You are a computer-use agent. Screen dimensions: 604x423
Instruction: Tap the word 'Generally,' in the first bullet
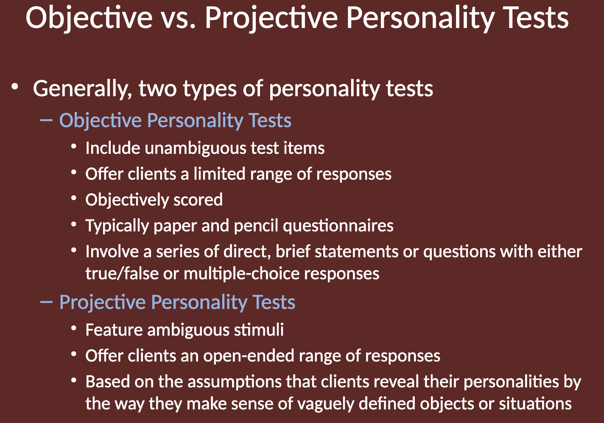click(x=83, y=89)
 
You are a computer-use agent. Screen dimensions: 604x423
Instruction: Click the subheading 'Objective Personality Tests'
click(x=175, y=120)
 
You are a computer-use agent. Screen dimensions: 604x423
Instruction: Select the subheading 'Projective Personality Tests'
click(x=177, y=302)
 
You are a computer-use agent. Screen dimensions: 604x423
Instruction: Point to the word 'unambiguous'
click(x=196, y=149)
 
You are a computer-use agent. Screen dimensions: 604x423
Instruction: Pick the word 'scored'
click(x=198, y=200)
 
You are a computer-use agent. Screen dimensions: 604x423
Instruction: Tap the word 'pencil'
click(x=256, y=226)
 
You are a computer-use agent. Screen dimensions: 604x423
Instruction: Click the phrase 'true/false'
click(x=122, y=274)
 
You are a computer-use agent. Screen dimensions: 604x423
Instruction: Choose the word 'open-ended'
click(x=249, y=356)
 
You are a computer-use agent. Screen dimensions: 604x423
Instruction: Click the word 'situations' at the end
click(x=535, y=404)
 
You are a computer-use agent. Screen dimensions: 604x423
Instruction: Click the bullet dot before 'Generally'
click(x=15, y=87)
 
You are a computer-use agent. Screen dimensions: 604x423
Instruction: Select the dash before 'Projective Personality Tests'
click(x=46, y=302)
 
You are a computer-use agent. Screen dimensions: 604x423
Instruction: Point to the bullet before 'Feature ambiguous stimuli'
click(x=74, y=328)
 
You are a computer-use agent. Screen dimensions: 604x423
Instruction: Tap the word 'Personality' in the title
click(x=420, y=18)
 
